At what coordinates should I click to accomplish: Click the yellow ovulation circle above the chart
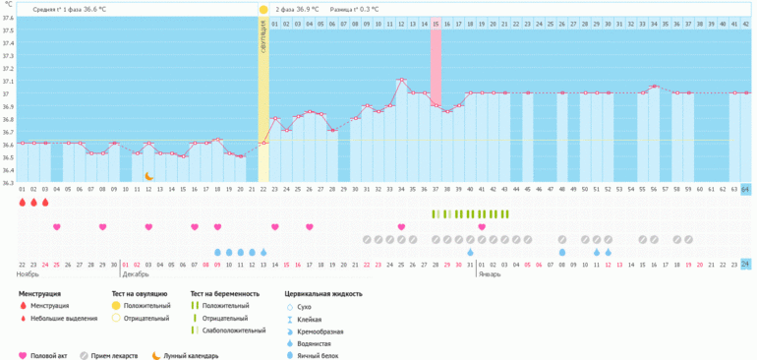[263, 9]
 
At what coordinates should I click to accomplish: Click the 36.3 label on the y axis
[8, 183]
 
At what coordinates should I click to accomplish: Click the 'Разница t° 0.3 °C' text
[357, 9]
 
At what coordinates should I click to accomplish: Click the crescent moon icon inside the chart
[149, 176]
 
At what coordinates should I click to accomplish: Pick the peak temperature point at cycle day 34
[401, 81]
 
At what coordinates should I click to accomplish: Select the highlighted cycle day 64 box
[745, 189]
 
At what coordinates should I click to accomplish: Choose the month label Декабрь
[136, 274]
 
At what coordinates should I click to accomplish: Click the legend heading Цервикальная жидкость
[323, 293]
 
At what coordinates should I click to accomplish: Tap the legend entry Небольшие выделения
[63, 318]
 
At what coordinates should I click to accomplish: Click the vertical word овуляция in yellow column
[263, 44]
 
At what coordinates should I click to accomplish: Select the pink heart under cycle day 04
[56, 227]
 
